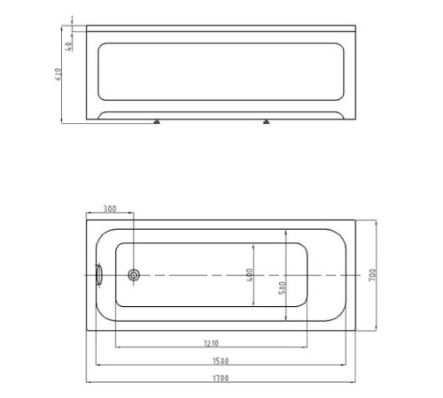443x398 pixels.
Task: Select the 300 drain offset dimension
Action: (x=109, y=210)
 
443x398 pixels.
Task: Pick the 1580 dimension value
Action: (x=220, y=360)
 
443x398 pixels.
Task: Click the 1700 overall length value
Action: (x=220, y=379)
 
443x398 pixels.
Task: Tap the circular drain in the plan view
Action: (x=132, y=276)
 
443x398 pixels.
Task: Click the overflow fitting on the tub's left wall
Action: (x=99, y=275)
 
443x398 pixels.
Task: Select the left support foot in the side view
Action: (x=156, y=124)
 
